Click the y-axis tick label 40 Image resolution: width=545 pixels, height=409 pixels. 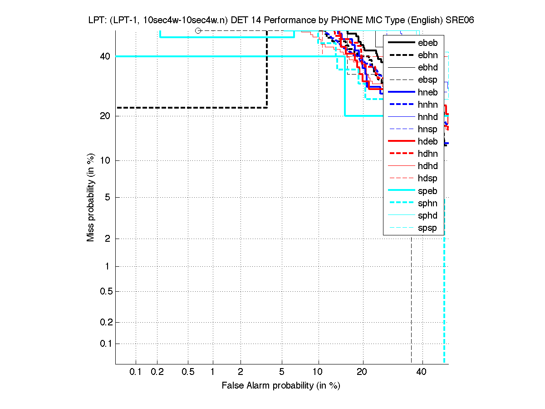105,56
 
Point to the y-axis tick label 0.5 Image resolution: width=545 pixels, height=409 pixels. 105,291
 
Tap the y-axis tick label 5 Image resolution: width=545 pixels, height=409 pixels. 108,197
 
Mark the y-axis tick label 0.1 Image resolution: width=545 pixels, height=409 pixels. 105,344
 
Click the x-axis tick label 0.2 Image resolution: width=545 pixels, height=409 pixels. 157,372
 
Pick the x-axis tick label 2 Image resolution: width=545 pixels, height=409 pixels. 241,372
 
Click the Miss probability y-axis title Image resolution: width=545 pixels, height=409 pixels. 91,198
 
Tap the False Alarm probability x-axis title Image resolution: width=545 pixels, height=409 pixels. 281,386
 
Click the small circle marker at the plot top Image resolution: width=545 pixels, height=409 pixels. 198,30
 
